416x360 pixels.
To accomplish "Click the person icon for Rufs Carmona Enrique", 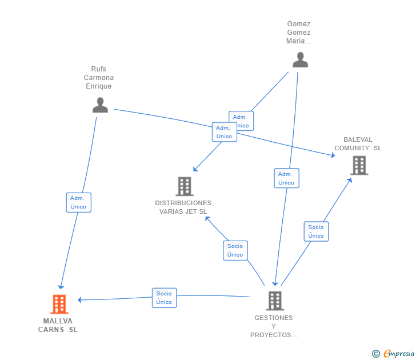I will (100, 105).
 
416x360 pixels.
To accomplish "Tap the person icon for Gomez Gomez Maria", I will (300, 59).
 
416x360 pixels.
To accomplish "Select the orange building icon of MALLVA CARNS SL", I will (59, 304).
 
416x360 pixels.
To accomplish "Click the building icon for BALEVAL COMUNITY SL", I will (359, 165).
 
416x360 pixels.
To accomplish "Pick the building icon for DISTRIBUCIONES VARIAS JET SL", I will (184, 186).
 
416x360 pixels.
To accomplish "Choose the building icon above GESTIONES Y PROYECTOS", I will (275, 301).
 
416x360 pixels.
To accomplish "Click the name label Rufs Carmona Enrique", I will (99, 78).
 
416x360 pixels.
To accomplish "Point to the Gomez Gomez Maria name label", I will (299, 33).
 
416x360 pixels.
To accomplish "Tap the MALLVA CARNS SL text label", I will (58, 325).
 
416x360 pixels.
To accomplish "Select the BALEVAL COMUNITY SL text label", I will (358, 144).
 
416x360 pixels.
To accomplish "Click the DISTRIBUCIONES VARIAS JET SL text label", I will (183, 207).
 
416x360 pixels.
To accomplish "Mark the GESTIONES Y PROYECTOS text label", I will (274, 326).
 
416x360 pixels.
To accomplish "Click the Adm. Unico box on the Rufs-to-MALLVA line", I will (78, 202).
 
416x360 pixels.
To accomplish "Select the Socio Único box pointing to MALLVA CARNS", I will (164, 298).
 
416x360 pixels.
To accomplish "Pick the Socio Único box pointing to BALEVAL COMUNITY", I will (316, 231).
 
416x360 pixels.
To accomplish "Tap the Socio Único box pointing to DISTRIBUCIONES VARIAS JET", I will (235, 250).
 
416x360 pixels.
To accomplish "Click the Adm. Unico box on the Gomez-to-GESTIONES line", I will (286, 178).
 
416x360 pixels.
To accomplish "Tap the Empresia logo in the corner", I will (393, 354).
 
